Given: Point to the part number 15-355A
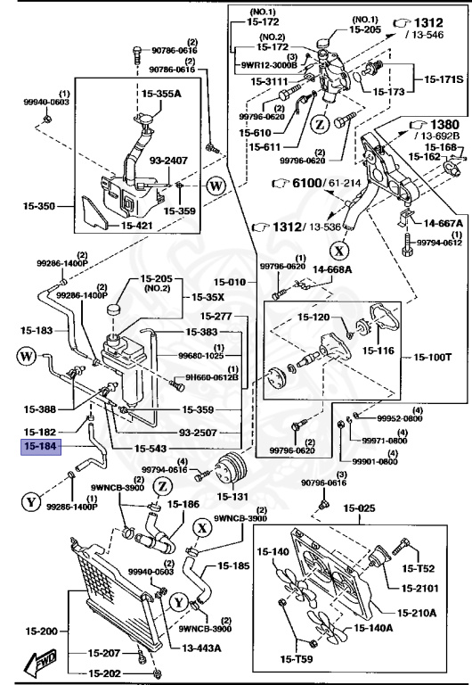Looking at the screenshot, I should pos(160,92).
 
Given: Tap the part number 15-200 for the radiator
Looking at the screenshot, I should pos(40,630).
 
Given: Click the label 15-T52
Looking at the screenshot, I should pos(419,568).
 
